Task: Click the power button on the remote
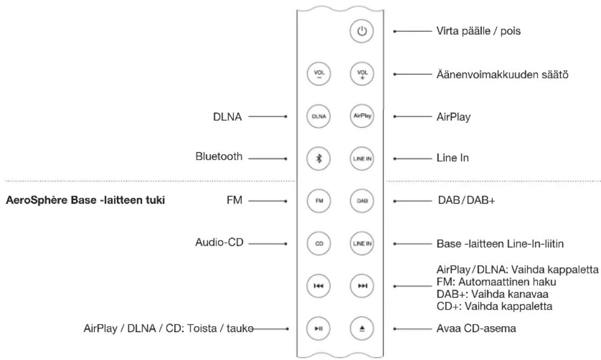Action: (361, 31)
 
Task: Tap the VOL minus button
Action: (319, 74)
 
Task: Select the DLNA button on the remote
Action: (319, 117)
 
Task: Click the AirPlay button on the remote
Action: (362, 116)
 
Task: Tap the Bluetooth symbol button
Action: (319, 159)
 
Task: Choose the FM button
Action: (319, 200)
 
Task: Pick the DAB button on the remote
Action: (362, 200)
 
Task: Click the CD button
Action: (319, 243)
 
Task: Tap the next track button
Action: (362, 286)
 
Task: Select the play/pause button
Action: (319, 328)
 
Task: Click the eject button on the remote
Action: (362, 328)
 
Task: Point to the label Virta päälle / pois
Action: (478, 31)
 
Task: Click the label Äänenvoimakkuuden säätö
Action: (502, 74)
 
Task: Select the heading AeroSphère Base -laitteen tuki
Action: (85, 200)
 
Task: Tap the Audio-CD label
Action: (219, 242)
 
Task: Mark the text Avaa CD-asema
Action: (476, 328)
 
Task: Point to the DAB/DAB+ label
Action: (466, 200)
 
